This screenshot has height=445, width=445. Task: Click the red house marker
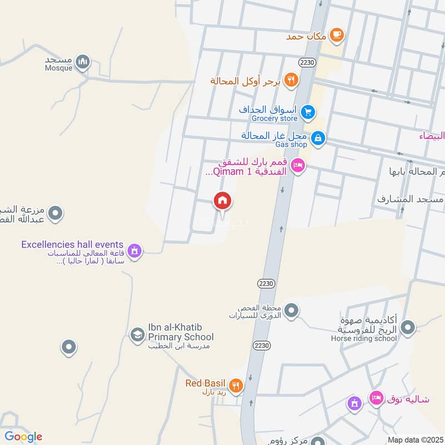coord(222,201)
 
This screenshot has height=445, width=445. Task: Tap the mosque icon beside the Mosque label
coord(83,62)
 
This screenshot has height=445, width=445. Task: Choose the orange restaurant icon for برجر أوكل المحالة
coord(290,81)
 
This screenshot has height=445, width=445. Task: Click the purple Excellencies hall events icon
coord(133,252)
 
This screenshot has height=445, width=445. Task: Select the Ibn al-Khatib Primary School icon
coord(136,335)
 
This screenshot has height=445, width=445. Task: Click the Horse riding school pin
coord(408,328)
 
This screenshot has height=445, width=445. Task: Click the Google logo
coord(23,437)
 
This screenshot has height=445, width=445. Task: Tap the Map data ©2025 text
coord(415,439)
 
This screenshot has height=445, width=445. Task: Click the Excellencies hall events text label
coord(72,244)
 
